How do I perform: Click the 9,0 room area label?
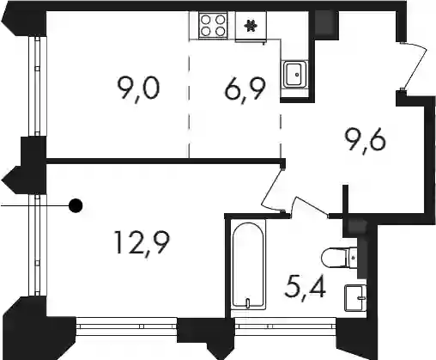click(138, 88)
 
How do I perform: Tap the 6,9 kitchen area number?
click(245, 88)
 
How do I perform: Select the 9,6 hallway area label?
click(366, 143)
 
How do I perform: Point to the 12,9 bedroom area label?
click(142, 243)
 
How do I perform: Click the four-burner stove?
click(213, 25)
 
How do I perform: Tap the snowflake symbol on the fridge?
click(251, 26)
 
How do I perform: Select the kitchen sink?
click(295, 74)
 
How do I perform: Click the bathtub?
click(248, 264)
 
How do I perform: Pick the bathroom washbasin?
click(355, 298)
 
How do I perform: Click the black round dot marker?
click(76, 205)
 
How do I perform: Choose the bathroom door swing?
click(309, 206)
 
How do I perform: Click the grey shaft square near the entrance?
click(326, 23)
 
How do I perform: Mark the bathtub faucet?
click(248, 302)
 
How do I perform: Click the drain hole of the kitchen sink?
click(297, 75)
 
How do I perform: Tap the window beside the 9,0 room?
click(37, 86)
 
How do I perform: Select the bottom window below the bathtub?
click(286, 326)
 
